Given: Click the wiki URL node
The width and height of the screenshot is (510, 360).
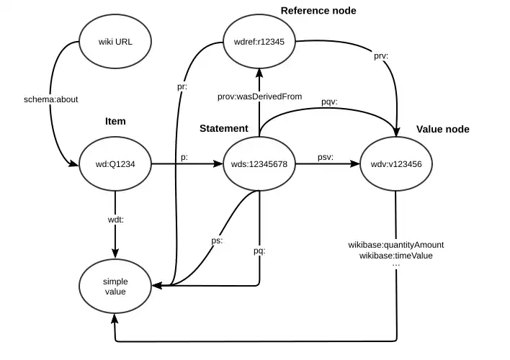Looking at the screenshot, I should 115,42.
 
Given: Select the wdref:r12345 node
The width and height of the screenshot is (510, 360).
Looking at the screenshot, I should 259,42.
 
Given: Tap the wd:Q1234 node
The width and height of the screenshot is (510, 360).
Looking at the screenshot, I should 115,165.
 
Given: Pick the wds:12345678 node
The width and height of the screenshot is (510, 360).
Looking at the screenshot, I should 259,165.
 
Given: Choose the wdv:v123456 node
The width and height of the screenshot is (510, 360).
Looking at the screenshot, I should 396,165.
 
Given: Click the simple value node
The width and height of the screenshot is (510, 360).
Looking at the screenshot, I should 115,286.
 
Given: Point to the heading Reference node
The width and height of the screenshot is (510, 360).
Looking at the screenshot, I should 318,10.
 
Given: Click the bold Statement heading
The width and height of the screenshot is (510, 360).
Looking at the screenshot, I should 224,128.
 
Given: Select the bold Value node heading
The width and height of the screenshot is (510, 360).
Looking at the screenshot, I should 443,129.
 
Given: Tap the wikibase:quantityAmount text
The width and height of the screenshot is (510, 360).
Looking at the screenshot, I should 396,245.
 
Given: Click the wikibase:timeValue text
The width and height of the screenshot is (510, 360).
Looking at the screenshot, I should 396,255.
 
